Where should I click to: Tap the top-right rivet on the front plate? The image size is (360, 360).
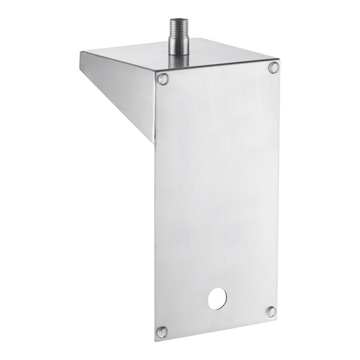coord(274,68)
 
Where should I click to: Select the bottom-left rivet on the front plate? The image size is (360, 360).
coord(161,331)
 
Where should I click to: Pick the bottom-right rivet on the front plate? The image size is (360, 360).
coord(271,311)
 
